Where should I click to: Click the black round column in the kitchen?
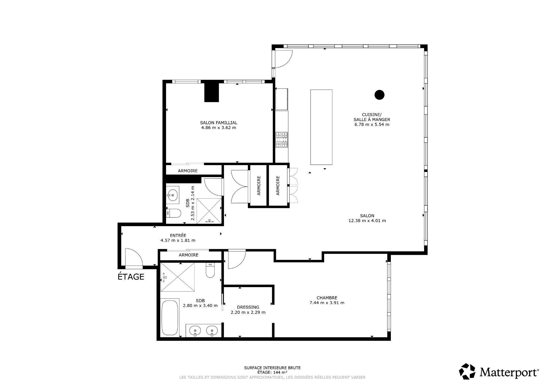pyautogui.click(x=379, y=95)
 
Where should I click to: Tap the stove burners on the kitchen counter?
pyautogui.click(x=282, y=140)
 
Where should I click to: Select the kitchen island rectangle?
pyautogui.click(x=321, y=127)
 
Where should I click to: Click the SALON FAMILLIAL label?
pyautogui.click(x=219, y=123)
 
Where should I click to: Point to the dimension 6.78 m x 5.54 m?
pyautogui.click(x=372, y=125)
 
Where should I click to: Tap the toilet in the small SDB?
pyautogui.click(x=174, y=213)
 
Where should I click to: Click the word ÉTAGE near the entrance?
pyautogui.click(x=131, y=277)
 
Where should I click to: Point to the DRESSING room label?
pyautogui.click(x=248, y=307)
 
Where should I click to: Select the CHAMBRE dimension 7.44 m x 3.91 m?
pyautogui.click(x=327, y=303)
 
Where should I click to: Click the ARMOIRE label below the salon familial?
pyautogui.click(x=188, y=171)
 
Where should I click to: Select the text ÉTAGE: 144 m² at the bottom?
pyautogui.click(x=272, y=373)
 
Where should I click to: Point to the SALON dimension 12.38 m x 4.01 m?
pyautogui.click(x=367, y=221)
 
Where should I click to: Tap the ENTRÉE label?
pyautogui.click(x=178, y=235)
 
